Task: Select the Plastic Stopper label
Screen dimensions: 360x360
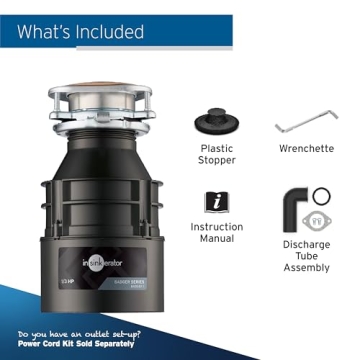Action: click(x=217, y=155)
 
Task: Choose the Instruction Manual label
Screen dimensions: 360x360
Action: click(x=217, y=234)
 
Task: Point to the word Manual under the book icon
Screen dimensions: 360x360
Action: click(x=217, y=241)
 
